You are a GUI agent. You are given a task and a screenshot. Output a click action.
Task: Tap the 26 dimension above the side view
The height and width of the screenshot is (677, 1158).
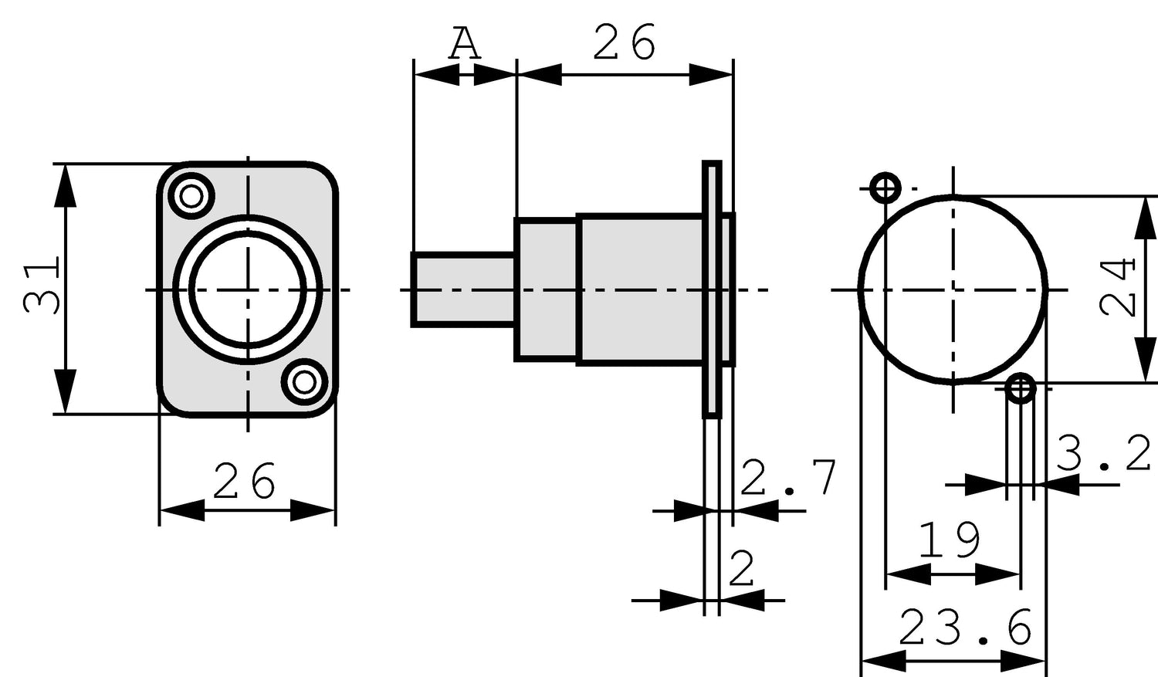(x=624, y=42)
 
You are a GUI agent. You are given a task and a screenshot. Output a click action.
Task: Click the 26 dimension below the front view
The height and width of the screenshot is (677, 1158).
(x=244, y=482)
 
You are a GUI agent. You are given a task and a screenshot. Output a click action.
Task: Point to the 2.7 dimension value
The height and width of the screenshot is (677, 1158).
(x=787, y=479)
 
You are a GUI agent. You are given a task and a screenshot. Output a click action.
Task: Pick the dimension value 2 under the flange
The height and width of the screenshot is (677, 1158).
(x=742, y=570)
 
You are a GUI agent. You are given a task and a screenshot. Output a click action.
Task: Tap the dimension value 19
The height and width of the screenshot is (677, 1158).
(x=950, y=541)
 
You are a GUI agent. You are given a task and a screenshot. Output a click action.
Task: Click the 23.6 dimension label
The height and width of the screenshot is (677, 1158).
(x=965, y=628)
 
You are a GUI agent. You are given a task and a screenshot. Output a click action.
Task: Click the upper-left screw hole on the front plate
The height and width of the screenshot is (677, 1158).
(x=191, y=195)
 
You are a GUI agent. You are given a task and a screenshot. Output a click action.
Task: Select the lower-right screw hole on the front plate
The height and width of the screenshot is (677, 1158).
(x=304, y=382)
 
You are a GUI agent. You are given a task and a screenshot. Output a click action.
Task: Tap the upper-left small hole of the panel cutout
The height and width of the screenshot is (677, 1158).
(x=885, y=188)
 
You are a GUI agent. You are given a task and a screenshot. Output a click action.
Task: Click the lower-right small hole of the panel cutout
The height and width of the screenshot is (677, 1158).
(x=1021, y=389)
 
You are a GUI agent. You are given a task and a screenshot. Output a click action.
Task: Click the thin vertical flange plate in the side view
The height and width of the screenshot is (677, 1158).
(x=711, y=289)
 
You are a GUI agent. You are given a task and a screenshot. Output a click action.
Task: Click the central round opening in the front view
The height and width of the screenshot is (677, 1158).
(x=247, y=289)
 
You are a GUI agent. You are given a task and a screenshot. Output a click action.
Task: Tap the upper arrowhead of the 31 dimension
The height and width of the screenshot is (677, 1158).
(x=66, y=185)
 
